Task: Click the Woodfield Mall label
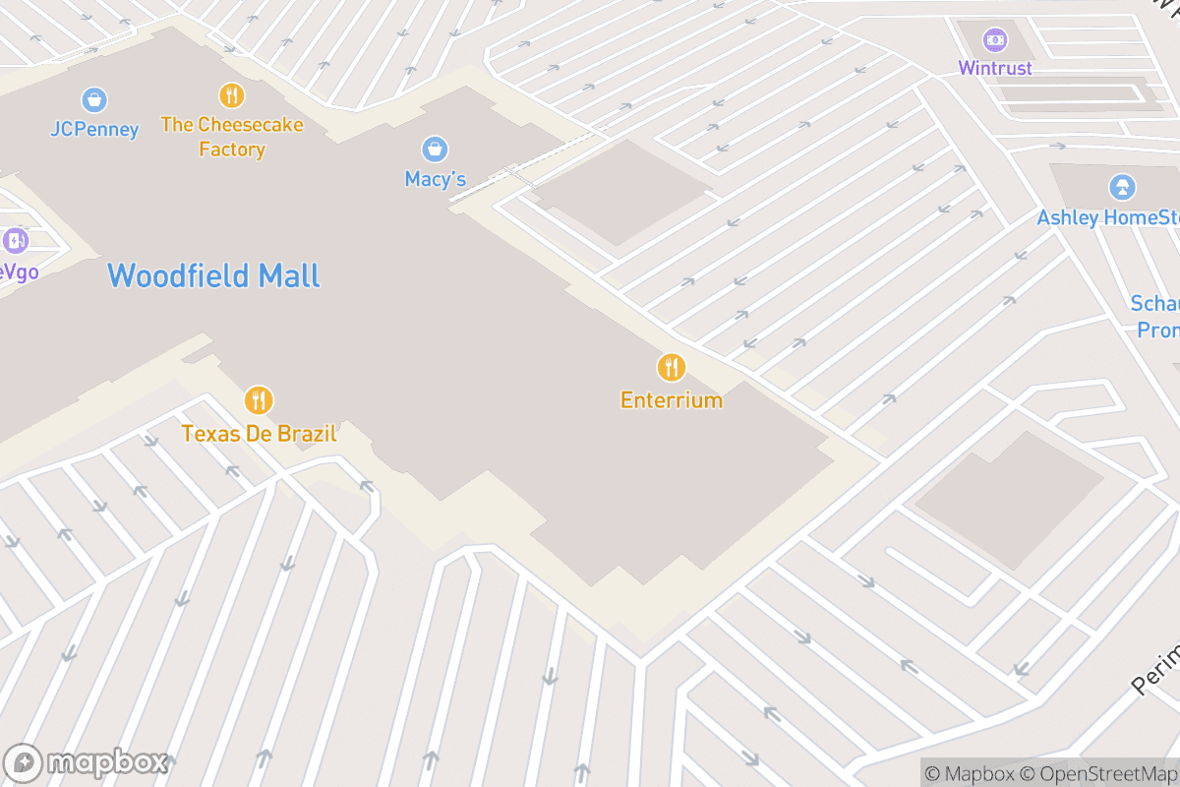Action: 213,275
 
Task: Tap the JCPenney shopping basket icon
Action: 94,99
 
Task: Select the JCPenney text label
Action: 94,129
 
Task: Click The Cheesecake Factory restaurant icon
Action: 232,95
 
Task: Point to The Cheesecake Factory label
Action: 232,137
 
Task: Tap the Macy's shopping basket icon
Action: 435,150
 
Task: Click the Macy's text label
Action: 435,179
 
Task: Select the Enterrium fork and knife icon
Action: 672,368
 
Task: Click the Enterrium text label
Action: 672,399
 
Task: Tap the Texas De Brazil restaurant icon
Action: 259,400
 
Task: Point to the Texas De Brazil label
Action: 259,433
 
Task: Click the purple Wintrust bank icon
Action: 995,39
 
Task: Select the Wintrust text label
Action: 995,68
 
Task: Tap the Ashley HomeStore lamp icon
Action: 1121,187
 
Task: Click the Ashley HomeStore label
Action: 1108,217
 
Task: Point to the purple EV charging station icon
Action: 15,241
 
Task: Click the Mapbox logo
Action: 88,762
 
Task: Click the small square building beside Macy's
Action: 621,192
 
